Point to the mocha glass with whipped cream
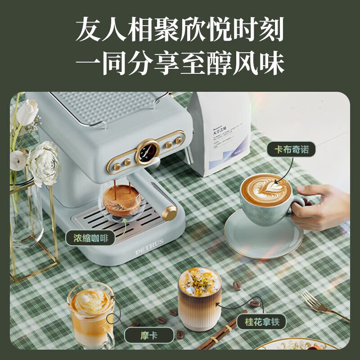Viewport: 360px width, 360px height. tap(91, 310)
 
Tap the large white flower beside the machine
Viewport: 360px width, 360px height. tap(44, 161)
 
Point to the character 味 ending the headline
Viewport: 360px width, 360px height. tap(270, 63)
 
